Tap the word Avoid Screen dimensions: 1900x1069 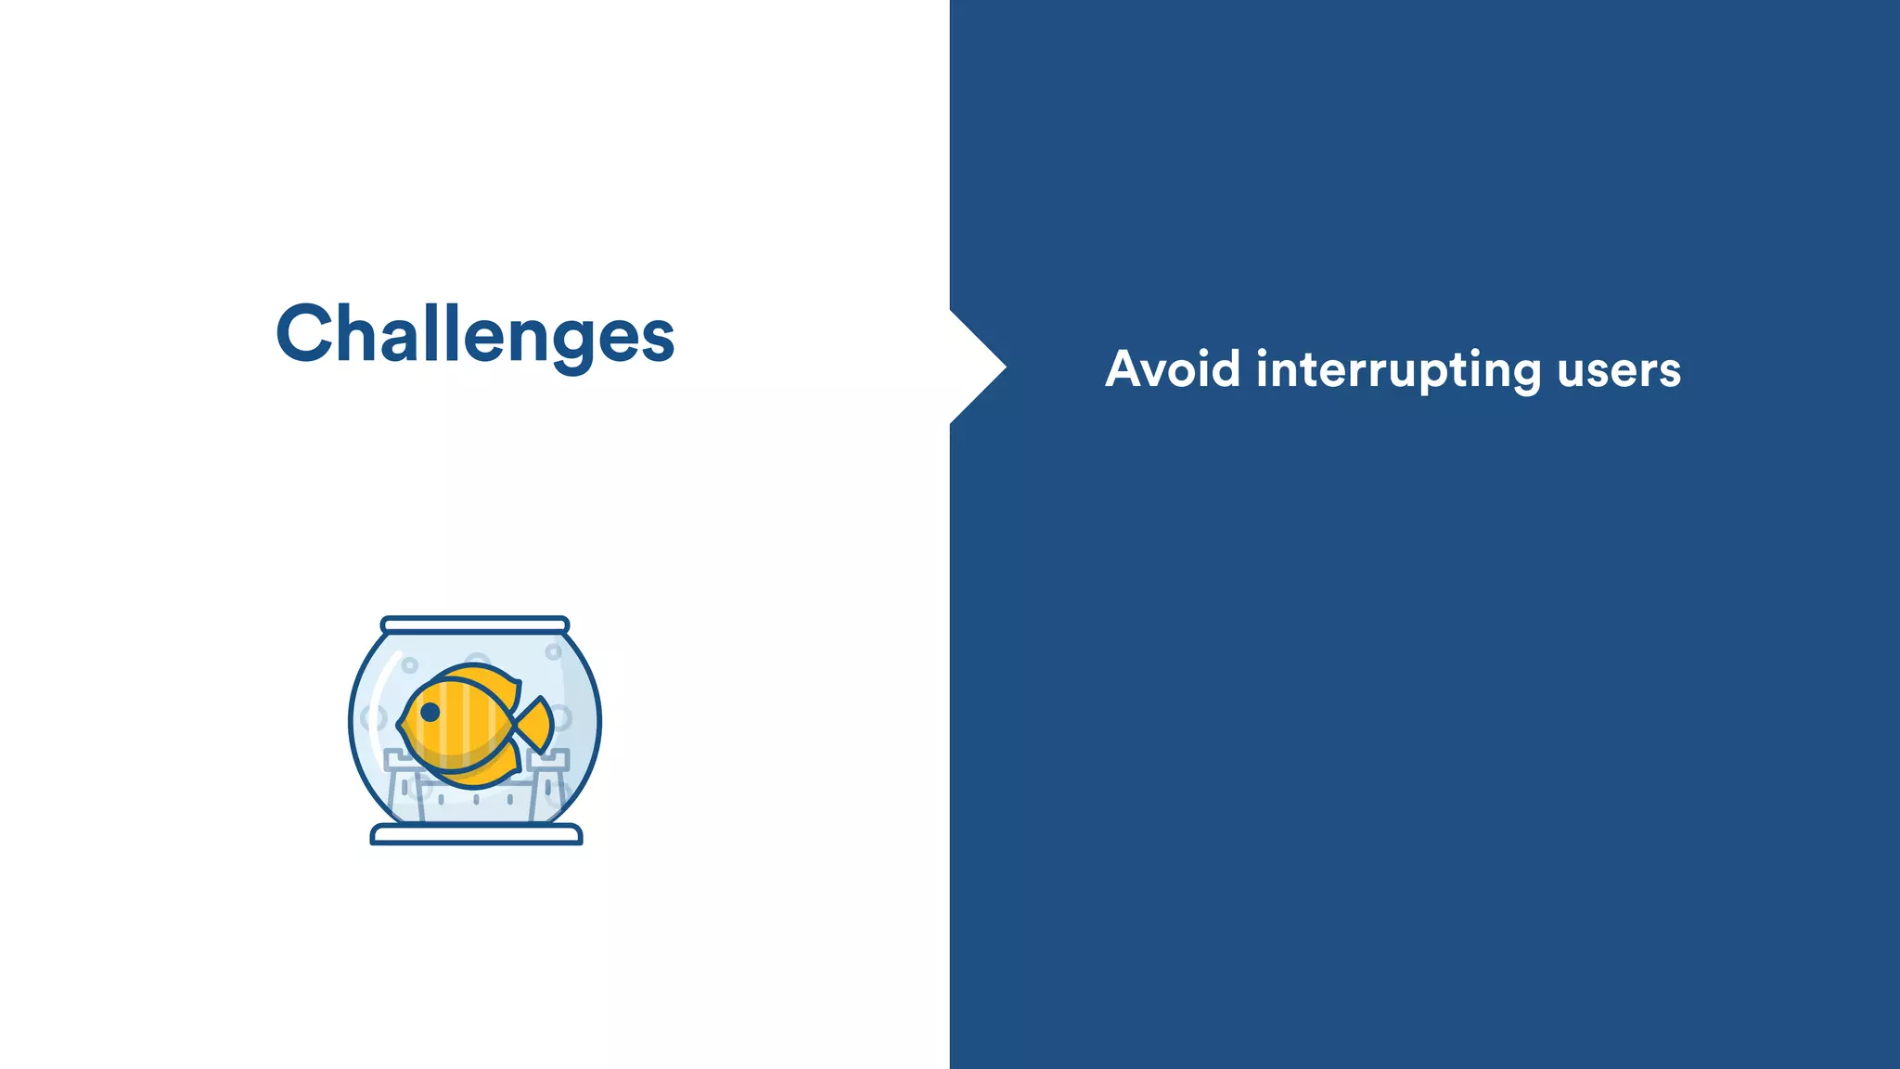pos(1172,368)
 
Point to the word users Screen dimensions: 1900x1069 pos(1619,370)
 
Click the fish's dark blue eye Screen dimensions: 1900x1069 pos(430,712)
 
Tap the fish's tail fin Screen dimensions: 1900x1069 pos(536,724)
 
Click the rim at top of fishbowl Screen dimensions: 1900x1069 pos(475,625)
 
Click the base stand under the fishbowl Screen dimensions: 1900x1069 pos(476,835)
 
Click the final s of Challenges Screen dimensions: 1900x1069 pos(658,339)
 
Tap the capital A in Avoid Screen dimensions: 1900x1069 pos(1124,368)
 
